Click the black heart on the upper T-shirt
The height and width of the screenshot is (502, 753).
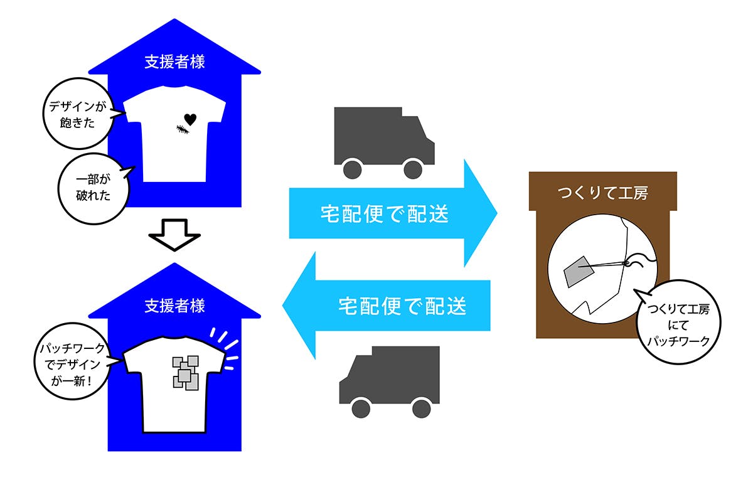point(190,119)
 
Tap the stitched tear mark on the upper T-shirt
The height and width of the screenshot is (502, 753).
point(182,130)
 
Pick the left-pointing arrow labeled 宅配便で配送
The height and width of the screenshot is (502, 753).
point(389,306)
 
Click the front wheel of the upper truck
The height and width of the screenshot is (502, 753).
point(413,169)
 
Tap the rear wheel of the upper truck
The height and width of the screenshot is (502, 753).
point(353,169)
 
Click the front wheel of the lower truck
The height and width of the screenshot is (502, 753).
point(361,409)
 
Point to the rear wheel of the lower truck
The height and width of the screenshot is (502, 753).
point(421,409)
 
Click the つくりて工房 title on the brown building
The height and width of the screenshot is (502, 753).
point(603,193)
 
